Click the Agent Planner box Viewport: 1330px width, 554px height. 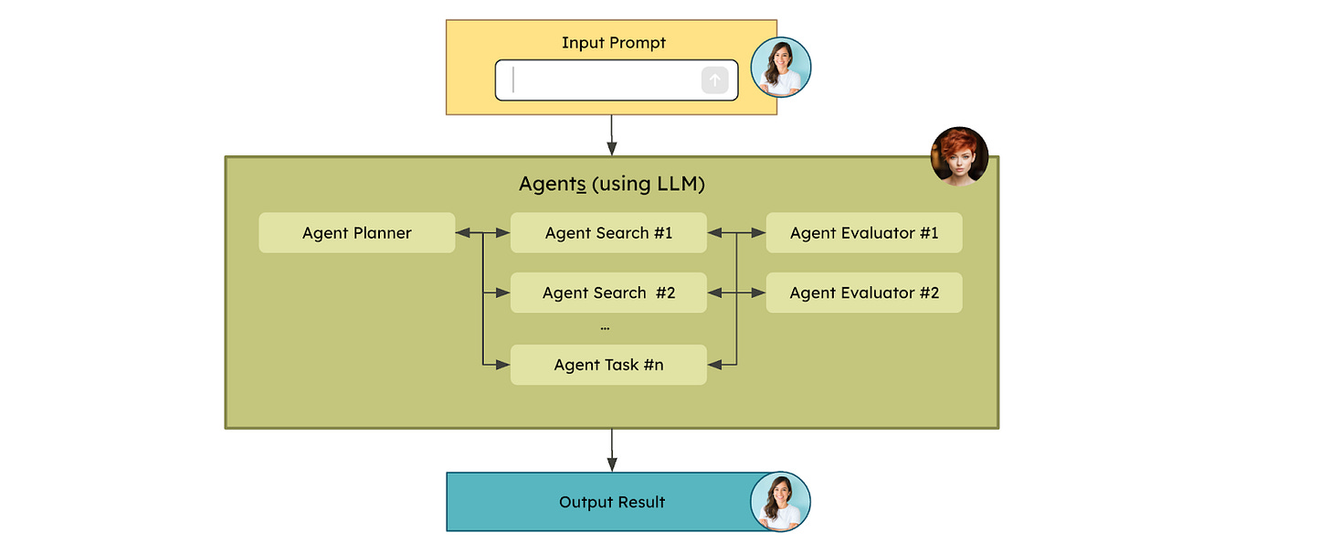[x=356, y=233]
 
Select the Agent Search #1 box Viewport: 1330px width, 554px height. [x=608, y=233]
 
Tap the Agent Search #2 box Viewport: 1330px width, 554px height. [x=608, y=293]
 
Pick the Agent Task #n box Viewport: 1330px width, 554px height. [x=608, y=365]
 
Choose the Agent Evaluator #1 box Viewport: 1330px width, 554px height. [x=864, y=233]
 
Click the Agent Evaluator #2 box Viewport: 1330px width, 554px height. [x=864, y=293]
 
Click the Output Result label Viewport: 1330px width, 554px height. [x=612, y=502]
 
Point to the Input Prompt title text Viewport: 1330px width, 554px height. [x=614, y=43]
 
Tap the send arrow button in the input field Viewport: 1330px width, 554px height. [x=715, y=80]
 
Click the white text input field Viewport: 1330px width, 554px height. [x=603, y=80]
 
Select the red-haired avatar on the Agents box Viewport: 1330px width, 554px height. [x=959, y=155]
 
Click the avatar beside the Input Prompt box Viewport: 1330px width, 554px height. [x=781, y=68]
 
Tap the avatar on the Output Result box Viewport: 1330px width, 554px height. [x=781, y=502]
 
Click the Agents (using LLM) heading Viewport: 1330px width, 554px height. [x=612, y=184]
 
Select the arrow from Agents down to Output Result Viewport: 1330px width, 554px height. [x=612, y=450]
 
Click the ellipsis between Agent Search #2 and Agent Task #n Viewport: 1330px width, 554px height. [x=605, y=327]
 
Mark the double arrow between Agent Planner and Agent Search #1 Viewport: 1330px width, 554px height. [x=482, y=233]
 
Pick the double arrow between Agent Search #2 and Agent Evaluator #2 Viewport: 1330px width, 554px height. [x=736, y=293]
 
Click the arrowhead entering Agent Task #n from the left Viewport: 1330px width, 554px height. [x=502, y=365]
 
